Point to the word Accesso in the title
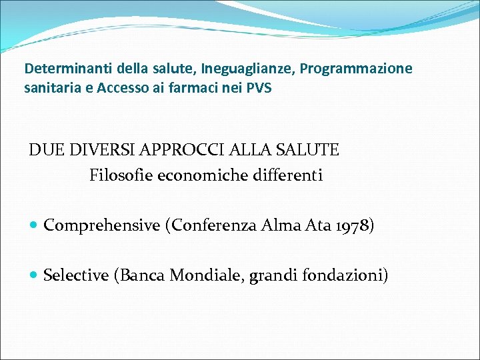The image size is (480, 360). coord(124,88)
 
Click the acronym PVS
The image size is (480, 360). coord(259,88)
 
